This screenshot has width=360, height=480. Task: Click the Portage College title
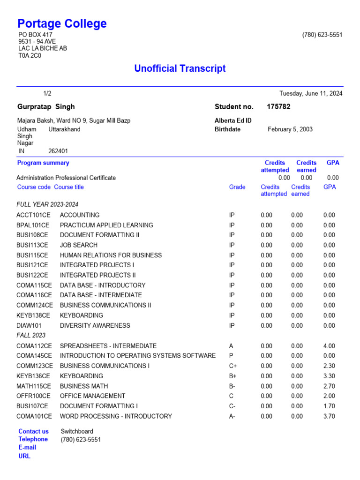tap(62, 23)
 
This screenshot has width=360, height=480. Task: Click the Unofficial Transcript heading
tap(180, 68)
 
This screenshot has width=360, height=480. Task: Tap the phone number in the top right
tap(322, 35)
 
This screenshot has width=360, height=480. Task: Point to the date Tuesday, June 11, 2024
tap(311, 93)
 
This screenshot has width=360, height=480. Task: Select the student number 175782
tap(278, 107)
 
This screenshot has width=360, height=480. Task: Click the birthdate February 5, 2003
tap(290, 129)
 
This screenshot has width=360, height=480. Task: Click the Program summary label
tap(43, 163)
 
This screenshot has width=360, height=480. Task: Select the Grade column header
tap(237, 187)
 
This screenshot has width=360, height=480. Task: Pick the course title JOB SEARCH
tap(79, 245)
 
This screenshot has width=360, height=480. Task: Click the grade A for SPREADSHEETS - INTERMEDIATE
tap(231, 346)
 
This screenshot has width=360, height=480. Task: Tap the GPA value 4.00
tap(329, 346)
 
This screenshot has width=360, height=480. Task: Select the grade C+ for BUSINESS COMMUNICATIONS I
tap(232, 366)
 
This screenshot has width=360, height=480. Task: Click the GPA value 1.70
tap(329, 406)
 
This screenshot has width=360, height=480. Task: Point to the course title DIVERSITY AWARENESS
tap(95, 325)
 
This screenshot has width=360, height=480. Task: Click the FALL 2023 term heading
tap(31, 336)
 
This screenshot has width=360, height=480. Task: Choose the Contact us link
tap(33, 431)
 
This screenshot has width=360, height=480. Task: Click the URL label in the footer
tap(24, 456)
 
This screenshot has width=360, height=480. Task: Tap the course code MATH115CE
tap(34, 386)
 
